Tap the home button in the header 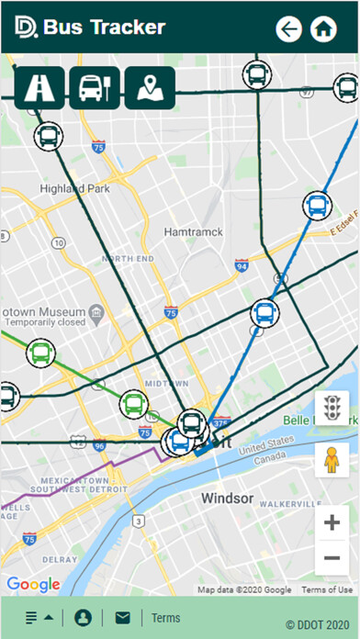(x=322, y=29)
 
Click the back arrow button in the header (x=289, y=29)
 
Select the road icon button (x=40, y=88)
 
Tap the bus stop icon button (x=95, y=88)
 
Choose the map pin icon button (x=149, y=88)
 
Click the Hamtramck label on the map (x=193, y=232)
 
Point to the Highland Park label (x=74, y=189)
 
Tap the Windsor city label (x=227, y=499)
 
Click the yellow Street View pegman (x=332, y=458)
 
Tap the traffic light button (x=332, y=407)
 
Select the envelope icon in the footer (x=122, y=618)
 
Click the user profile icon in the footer (x=84, y=618)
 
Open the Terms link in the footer (x=166, y=618)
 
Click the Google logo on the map (x=33, y=585)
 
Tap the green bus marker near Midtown (x=134, y=403)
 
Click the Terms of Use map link (x=327, y=589)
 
